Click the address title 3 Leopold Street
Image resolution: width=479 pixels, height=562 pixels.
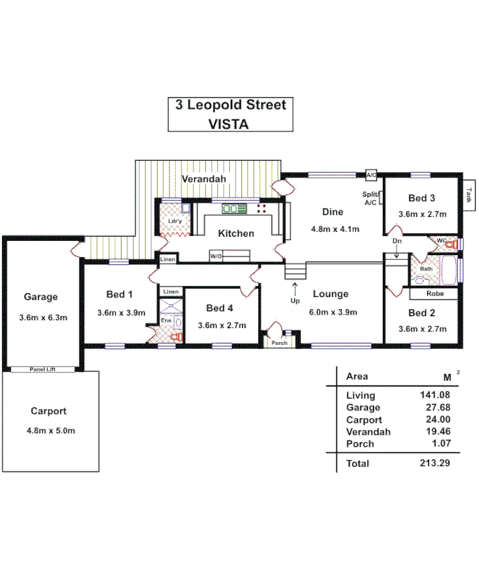pos(231,106)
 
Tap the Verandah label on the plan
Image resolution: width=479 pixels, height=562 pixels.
pos(204,180)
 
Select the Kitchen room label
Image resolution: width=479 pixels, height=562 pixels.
pos(236,234)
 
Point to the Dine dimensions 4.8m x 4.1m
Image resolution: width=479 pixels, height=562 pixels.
pos(335,229)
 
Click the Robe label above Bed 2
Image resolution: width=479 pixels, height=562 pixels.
pos(425,294)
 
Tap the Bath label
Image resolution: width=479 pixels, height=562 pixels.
pos(426,269)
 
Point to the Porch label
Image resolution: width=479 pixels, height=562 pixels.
pos(280,343)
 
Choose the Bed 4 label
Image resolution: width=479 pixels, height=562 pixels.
pos(219,308)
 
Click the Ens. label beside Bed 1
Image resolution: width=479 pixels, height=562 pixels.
pos(166,321)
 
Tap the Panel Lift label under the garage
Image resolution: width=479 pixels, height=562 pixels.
pos(43,369)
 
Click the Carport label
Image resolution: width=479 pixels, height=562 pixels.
pos(49,411)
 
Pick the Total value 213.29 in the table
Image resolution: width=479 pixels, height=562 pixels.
pos(435,464)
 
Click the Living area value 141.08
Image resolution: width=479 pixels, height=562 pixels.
pos(435,396)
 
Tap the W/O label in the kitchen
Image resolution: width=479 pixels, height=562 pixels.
pos(216,256)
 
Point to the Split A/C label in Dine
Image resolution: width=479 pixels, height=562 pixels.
pos(370,198)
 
